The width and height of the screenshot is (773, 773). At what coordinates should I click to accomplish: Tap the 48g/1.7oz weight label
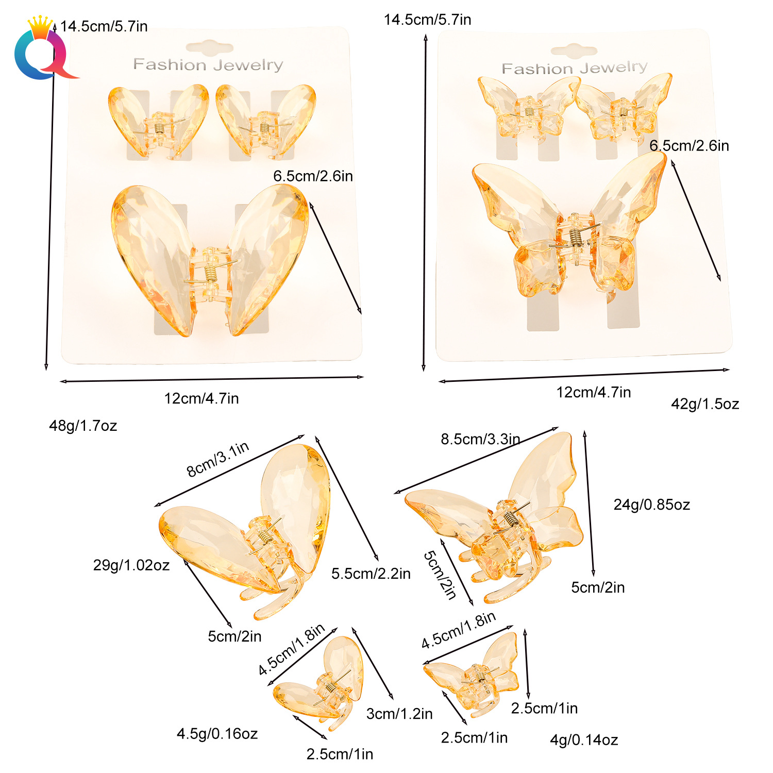(83, 426)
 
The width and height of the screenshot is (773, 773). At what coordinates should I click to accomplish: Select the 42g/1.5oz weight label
(704, 404)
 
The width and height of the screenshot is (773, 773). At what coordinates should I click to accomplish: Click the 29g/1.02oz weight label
(131, 565)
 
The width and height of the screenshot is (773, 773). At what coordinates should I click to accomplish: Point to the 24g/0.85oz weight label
(651, 505)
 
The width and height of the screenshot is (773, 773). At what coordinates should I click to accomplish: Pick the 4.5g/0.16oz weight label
(217, 734)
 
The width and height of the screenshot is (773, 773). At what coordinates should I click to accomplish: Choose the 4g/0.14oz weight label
(584, 740)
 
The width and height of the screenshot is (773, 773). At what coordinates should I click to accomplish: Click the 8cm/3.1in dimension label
(217, 459)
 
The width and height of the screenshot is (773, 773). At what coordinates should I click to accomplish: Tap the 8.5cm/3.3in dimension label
(480, 439)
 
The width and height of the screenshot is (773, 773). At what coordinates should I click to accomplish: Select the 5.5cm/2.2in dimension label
(371, 574)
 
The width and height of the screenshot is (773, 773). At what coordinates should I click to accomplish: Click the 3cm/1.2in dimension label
(399, 714)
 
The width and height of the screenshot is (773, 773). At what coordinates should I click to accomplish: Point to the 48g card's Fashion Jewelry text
(208, 65)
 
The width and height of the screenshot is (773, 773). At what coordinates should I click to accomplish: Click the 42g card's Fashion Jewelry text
(574, 68)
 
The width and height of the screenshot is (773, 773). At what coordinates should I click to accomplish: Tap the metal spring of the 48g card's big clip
(210, 274)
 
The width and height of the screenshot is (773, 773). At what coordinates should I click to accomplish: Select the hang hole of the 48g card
(210, 48)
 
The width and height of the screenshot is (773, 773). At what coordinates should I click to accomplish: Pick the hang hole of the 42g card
(574, 51)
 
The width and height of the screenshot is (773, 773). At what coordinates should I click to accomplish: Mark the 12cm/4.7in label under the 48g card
(201, 398)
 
